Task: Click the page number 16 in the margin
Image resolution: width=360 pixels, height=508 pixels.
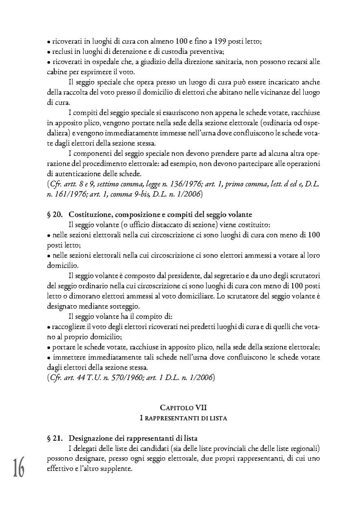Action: pyautogui.click(x=18, y=467)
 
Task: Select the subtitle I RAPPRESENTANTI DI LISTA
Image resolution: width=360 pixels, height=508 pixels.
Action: pyautogui.click(x=184, y=418)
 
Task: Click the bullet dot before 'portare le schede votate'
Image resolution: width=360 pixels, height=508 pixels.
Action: pyautogui.click(x=49, y=348)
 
